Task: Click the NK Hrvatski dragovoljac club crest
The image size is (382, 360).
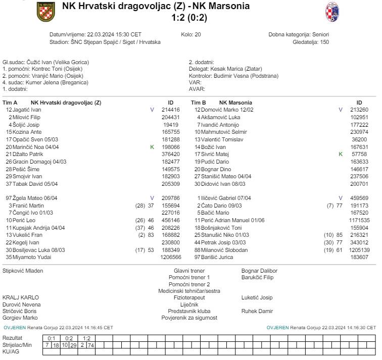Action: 46,12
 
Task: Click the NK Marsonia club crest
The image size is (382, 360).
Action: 332,12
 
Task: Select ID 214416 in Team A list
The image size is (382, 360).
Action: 171,110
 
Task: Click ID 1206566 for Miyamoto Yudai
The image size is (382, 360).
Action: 171,257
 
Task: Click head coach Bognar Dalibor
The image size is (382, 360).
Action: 259,271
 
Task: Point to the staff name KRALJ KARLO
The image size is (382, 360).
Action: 21,297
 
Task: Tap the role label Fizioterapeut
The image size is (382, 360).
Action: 189,297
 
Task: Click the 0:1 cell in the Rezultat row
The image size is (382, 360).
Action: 51,338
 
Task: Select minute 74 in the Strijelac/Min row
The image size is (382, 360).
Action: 91,344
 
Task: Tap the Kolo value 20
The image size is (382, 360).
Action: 198,34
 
